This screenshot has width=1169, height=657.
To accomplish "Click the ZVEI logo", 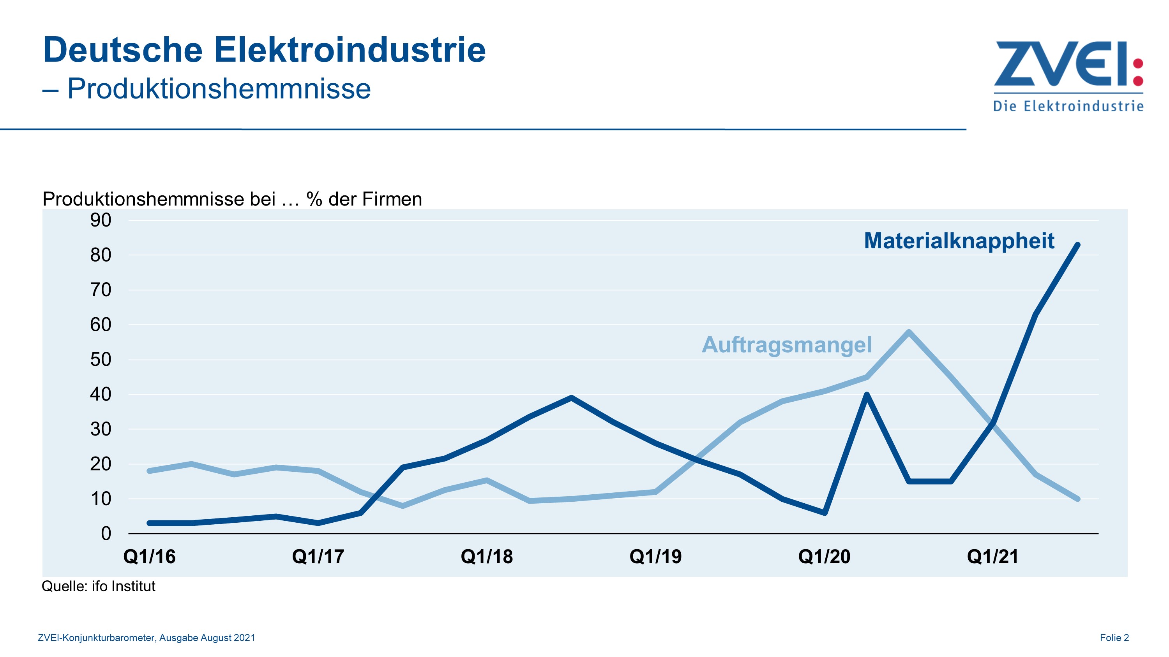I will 1068,75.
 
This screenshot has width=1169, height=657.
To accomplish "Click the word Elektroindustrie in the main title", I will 350,50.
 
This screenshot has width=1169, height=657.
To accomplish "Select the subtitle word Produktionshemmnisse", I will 219,88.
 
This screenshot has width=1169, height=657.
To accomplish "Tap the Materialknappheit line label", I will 959,241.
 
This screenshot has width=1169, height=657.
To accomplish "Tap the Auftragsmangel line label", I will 786,344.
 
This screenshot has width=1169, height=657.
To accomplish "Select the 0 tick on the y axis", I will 106,534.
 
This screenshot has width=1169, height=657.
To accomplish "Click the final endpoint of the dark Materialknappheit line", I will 1078,245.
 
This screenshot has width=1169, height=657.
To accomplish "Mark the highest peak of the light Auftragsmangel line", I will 909,332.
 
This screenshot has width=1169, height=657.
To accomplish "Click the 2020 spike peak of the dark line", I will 867,394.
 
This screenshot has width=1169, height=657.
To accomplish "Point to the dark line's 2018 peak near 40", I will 571,398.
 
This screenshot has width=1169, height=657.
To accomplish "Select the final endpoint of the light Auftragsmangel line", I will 1078,499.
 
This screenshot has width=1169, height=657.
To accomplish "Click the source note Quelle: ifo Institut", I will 99,586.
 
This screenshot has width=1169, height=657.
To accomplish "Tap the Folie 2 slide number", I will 1114,638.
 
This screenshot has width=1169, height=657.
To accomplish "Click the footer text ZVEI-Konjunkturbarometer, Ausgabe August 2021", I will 146,638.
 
